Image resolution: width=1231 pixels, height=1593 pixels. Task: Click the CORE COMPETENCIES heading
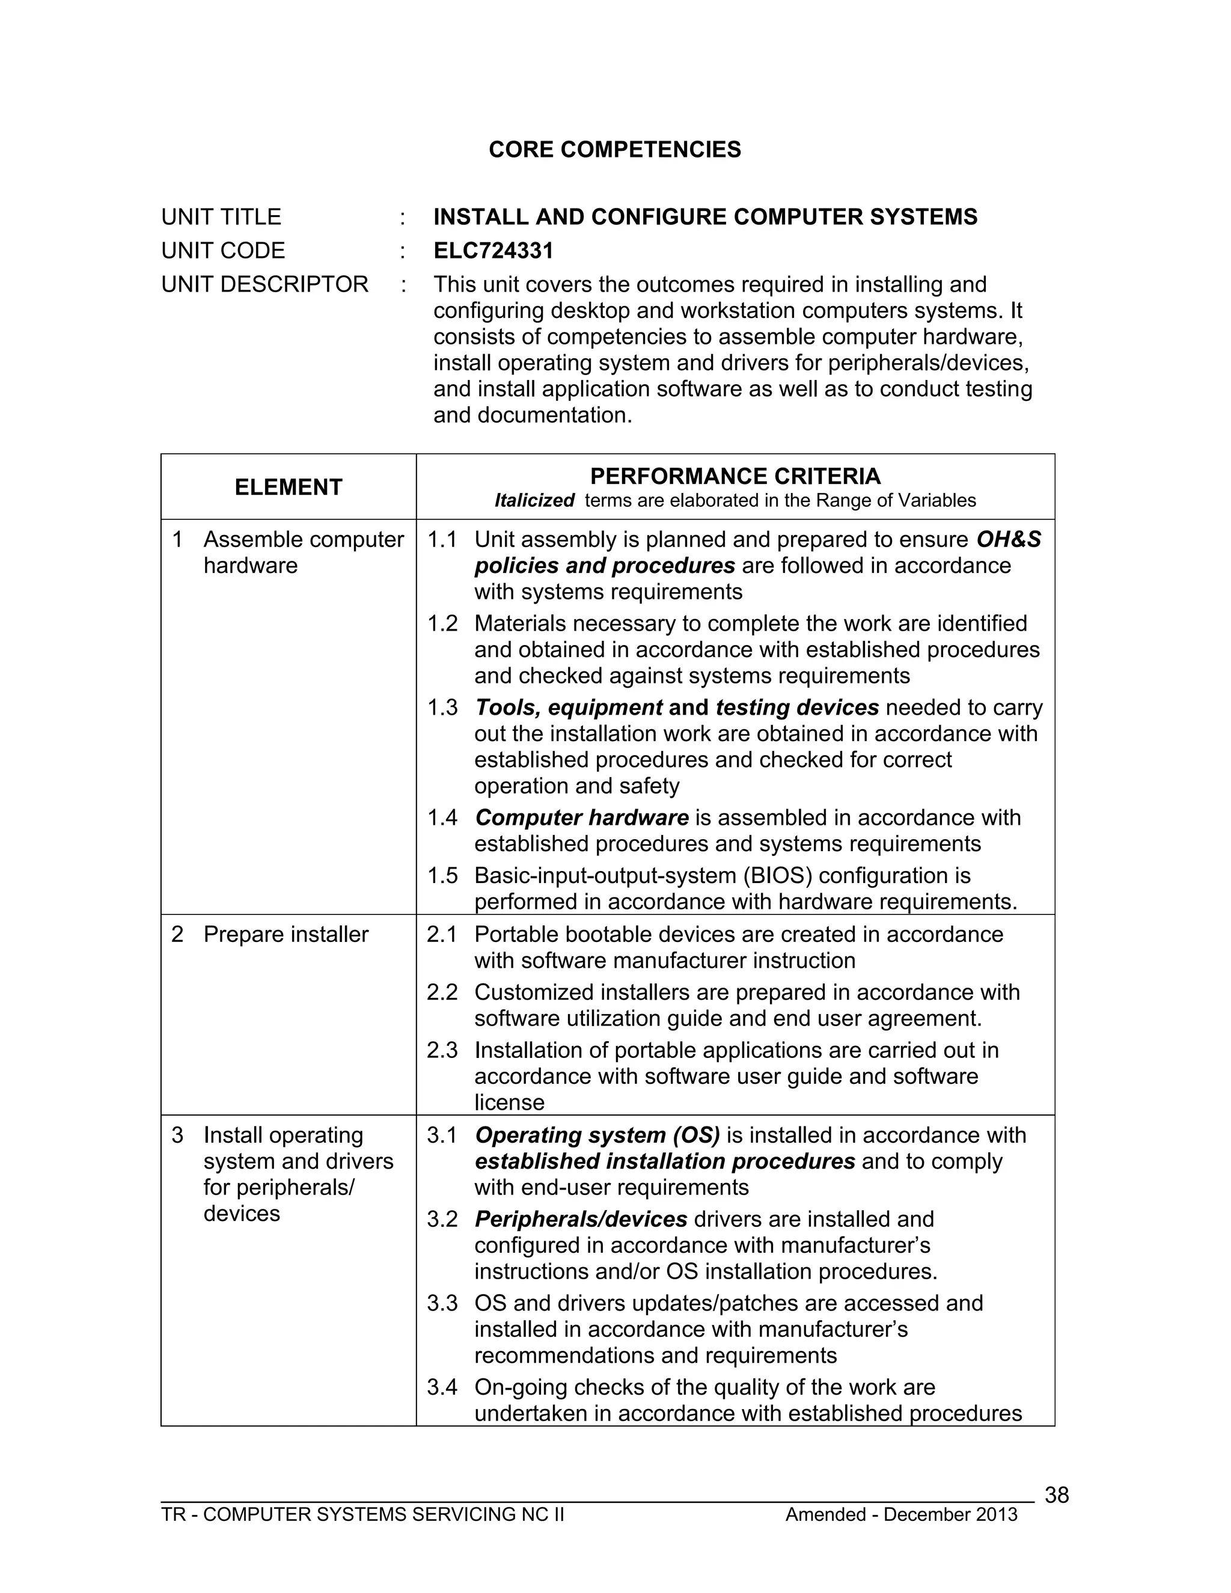[614, 150]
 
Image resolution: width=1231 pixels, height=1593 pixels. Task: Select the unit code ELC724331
[493, 250]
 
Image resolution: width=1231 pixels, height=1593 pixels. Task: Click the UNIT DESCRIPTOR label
[264, 284]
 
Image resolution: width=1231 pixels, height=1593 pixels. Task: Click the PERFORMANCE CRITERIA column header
[735, 476]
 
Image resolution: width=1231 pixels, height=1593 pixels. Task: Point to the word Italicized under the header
[534, 500]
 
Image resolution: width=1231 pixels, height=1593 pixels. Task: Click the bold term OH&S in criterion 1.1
[1009, 539]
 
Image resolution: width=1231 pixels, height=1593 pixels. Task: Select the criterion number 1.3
[442, 707]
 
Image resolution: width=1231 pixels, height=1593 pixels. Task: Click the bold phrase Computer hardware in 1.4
[581, 817]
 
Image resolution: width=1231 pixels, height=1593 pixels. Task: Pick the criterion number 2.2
[442, 992]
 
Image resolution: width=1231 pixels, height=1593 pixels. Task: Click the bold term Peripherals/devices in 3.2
[581, 1219]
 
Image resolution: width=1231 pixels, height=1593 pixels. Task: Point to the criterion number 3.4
[442, 1387]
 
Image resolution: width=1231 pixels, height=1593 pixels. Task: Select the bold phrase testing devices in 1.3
[797, 707]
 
